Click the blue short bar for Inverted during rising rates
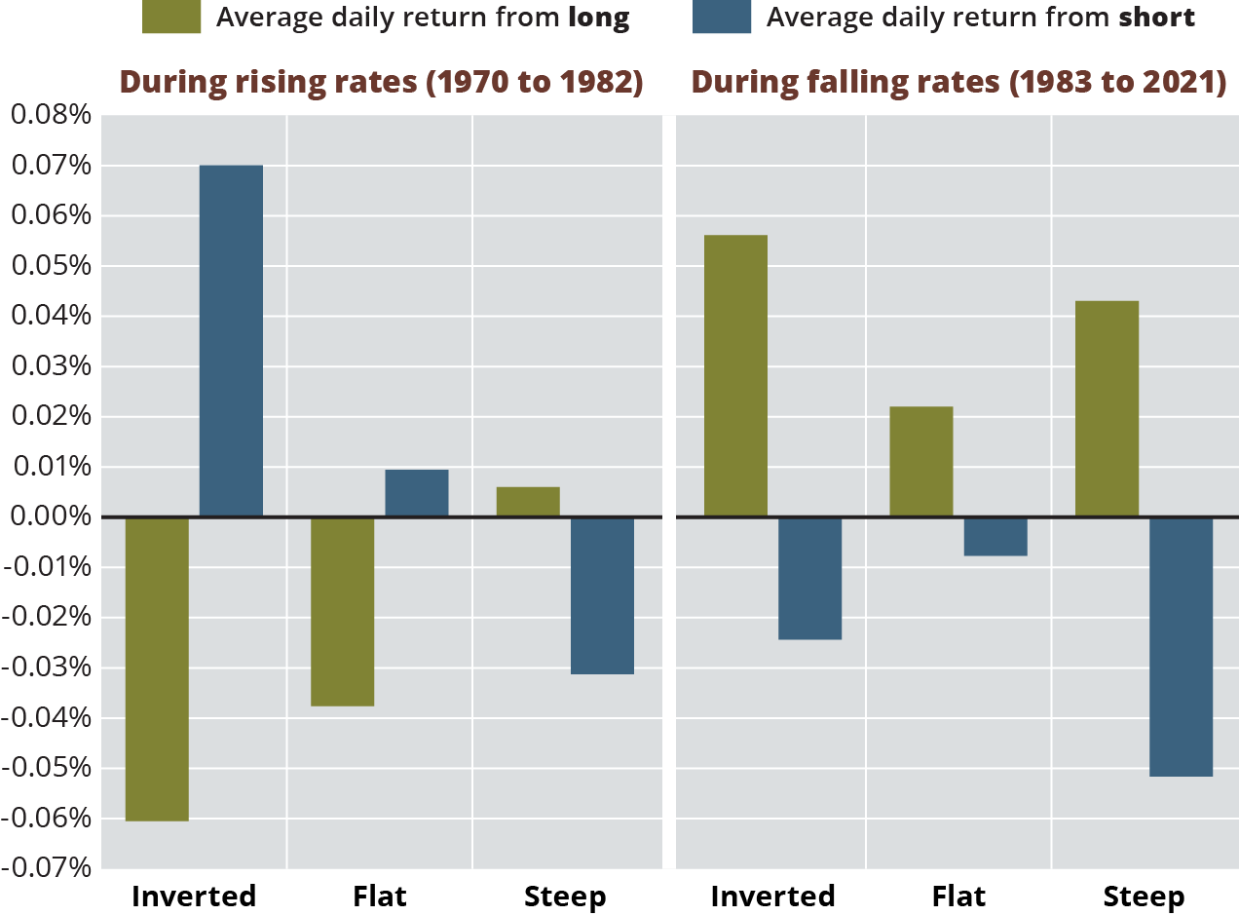point(231,341)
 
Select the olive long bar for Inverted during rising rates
point(157,668)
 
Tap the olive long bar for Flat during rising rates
point(342,611)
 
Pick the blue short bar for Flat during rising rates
point(417,493)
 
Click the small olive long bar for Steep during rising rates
point(528,502)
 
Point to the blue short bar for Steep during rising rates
point(602,595)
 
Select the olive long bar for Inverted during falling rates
point(735,376)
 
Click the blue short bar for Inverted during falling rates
point(809,578)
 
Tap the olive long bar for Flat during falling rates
point(921,462)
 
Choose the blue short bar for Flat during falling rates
point(995,536)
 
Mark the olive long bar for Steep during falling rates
point(1107,409)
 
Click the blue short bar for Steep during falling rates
point(1182,646)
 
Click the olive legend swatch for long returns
point(170,18)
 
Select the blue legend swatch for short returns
point(722,18)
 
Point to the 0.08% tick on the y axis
point(50,116)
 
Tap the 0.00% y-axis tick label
point(50,516)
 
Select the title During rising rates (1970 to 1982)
point(381,83)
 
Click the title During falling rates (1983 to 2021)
point(958,83)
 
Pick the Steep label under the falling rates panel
point(1144,897)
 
